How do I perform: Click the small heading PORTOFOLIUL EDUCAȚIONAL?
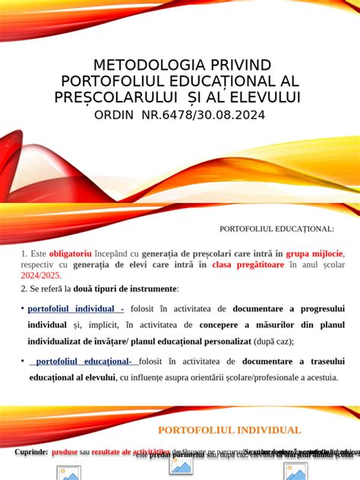[x=276, y=228]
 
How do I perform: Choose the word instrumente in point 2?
[x=153, y=289]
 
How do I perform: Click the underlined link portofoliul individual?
[x=74, y=308]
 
